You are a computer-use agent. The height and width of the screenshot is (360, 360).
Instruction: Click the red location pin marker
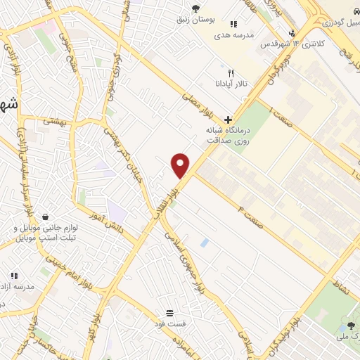[181, 165]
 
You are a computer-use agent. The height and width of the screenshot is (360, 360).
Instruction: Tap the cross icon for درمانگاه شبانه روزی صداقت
[228, 120]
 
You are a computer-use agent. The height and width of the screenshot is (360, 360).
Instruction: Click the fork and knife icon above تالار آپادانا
[231, 73]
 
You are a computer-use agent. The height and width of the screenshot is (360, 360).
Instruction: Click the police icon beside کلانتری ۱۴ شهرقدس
[292, 33]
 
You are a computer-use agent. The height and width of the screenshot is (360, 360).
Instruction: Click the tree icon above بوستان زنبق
[195, 8]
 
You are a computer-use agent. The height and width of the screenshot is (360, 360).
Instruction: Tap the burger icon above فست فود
[169, 312]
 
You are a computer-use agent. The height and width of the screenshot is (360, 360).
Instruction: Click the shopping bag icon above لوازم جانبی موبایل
[46, 217]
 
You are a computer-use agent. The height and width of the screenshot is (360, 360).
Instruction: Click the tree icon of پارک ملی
[350, 326]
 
